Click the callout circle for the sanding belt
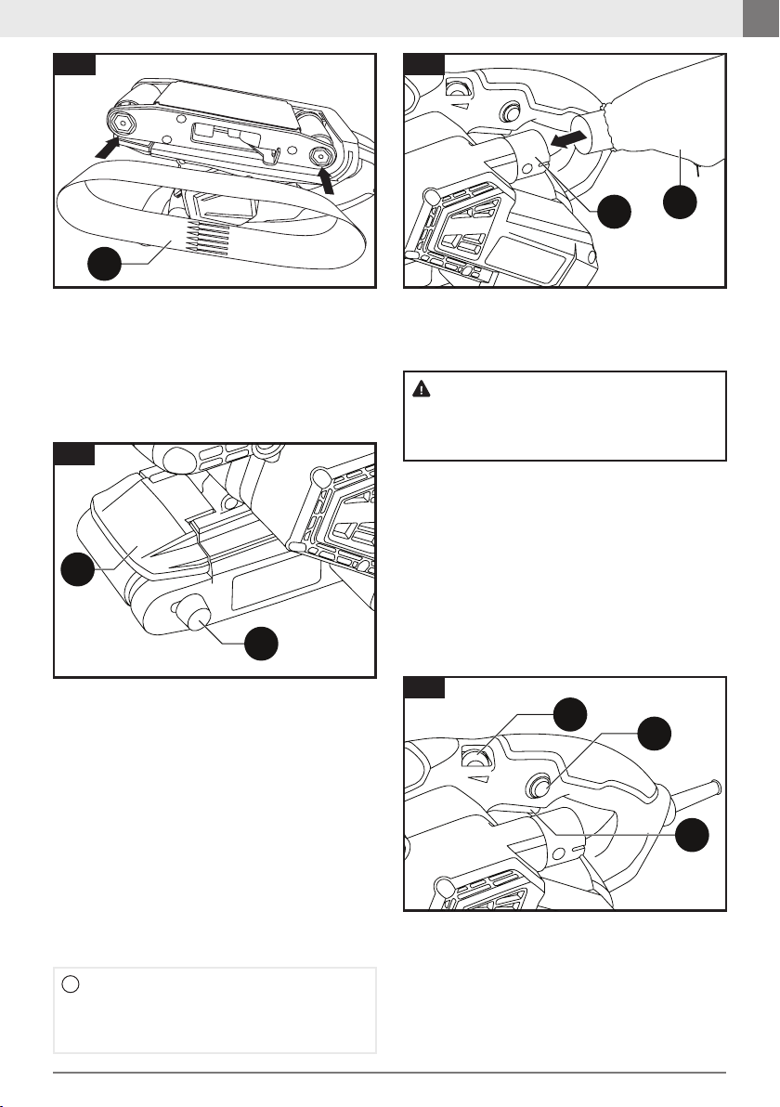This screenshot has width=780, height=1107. coord(106,268)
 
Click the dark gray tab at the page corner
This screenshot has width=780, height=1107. coord(760,19)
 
